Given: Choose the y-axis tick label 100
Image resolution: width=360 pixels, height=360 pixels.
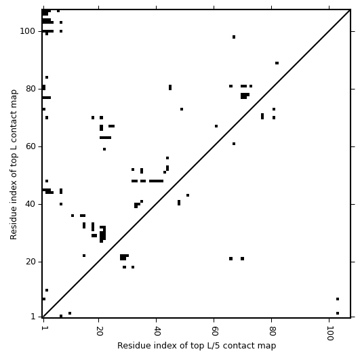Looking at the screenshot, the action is point(27,31).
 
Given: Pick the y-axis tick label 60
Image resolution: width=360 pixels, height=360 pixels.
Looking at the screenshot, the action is point(30,146).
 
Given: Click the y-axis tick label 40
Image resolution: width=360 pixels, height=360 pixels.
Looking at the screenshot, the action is point(30,204).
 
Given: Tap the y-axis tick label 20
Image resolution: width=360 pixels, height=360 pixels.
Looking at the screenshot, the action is point(30,262).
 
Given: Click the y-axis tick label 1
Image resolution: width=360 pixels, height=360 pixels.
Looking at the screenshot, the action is point(33,317).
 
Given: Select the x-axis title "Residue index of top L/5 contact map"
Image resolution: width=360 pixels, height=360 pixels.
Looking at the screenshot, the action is point(197,346).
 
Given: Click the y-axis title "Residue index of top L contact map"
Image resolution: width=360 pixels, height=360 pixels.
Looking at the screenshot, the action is point(14,165).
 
